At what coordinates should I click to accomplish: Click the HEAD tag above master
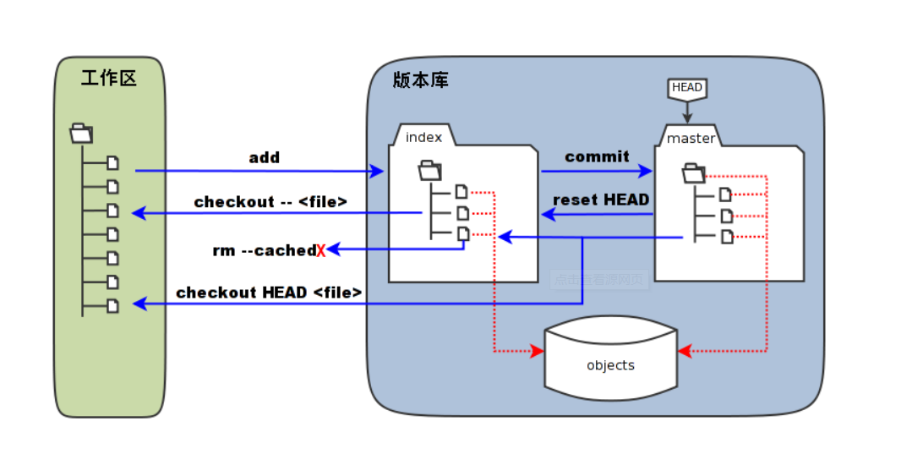coord(686,87)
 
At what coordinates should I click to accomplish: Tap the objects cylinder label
coord(610,365)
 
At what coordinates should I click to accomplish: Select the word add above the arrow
coord(264,157)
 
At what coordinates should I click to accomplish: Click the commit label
coord(597,156)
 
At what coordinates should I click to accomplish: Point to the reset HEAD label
coord(600,200)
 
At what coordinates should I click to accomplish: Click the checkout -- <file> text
coord(270,202)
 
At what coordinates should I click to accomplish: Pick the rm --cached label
coord(264,250)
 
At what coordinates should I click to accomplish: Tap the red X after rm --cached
coord(321,250)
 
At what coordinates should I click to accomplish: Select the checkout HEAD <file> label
coord(269,293)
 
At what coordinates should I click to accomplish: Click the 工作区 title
coord(109,79)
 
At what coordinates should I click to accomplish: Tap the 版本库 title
coord(421,80)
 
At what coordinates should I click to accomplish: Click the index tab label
coord(423,137)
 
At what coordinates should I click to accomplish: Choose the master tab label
coord(691,138)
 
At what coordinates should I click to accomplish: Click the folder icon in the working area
coord(81,133)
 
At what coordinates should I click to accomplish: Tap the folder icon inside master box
coord(693,173)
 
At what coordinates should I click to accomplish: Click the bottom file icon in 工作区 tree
coord(112,305)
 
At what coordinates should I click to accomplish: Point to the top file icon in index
coord(461,191)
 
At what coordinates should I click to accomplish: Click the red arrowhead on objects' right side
coord(685,350)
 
